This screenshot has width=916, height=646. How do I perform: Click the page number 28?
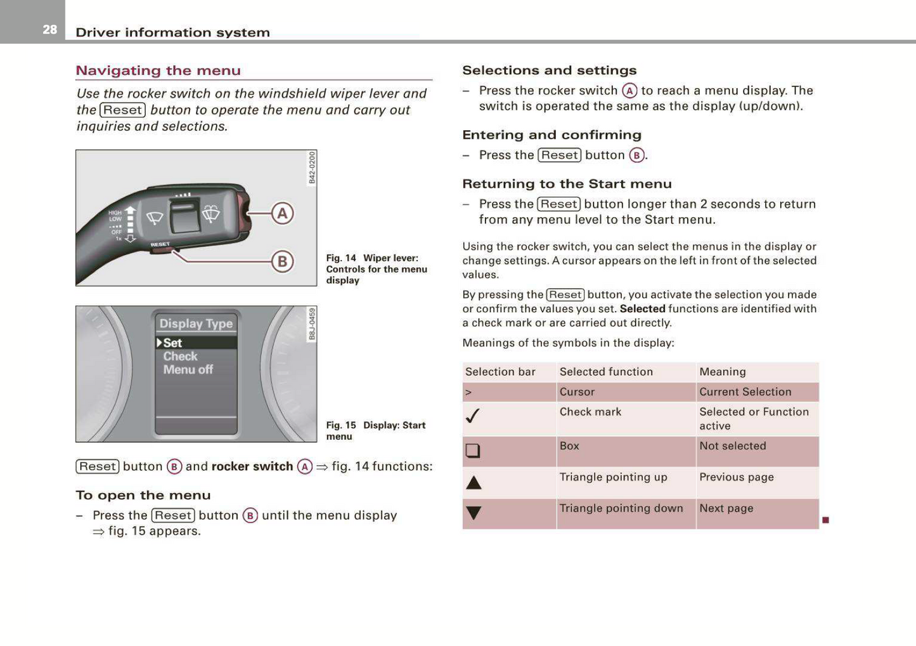click(49, 30)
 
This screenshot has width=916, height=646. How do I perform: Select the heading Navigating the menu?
click(158, 70)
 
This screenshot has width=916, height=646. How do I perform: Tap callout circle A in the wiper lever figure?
click(282, 213)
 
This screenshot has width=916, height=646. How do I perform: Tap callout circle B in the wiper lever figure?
click(282, 261)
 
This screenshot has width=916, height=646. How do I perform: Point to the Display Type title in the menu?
click(196, 324)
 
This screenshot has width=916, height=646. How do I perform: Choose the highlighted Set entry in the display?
click(172, 343)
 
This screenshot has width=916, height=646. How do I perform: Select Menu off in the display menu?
click(188, 369)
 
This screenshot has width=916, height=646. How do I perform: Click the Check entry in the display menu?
click(180, 357)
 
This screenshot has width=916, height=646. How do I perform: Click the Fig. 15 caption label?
click(341, 425)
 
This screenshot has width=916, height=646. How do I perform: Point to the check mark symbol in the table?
click(473, 416)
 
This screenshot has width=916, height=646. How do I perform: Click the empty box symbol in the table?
click(473, 451)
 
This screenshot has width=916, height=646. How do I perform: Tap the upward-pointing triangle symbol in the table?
click(474, 483)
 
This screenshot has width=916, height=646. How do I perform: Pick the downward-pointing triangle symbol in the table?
click(474, 513)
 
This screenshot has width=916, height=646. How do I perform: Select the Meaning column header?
click(722, 372)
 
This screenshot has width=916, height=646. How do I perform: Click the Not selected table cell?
click(732, 446)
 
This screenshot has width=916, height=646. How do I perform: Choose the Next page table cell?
click(726, 508)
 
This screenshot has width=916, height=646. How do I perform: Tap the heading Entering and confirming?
click(552, 135)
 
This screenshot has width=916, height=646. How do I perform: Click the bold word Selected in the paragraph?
click(642, 309)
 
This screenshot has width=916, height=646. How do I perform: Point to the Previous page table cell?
click(736, 477)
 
